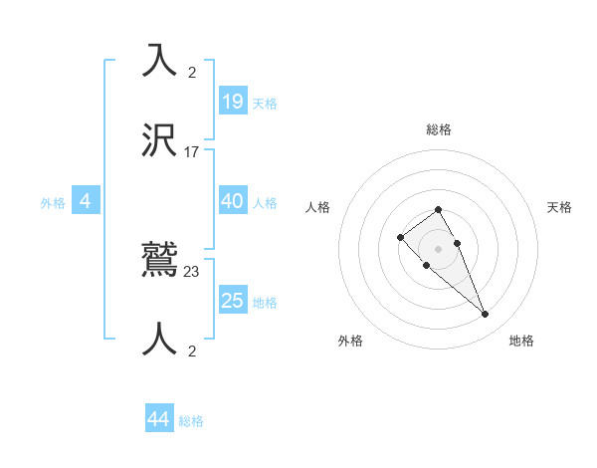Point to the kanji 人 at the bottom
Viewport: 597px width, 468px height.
159,340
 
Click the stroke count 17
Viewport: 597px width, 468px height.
192,152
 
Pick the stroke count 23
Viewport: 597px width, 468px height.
192,270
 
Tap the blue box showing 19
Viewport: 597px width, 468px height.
232,102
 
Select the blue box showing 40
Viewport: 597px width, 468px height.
232,201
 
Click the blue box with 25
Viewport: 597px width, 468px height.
232,301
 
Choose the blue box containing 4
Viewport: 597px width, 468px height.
86,202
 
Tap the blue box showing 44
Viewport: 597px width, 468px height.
158,420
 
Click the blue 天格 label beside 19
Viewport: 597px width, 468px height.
265,104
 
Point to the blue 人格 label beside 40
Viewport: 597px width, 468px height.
265,203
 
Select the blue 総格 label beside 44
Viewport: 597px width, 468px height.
191,422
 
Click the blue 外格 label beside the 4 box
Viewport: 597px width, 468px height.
53,203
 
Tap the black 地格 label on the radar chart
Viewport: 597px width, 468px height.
521,341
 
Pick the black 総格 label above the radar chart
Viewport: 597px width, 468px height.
439,129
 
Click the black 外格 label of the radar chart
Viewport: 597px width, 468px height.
350,341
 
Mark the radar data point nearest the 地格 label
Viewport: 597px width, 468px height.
485,315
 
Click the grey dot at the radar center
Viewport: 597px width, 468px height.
438,248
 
